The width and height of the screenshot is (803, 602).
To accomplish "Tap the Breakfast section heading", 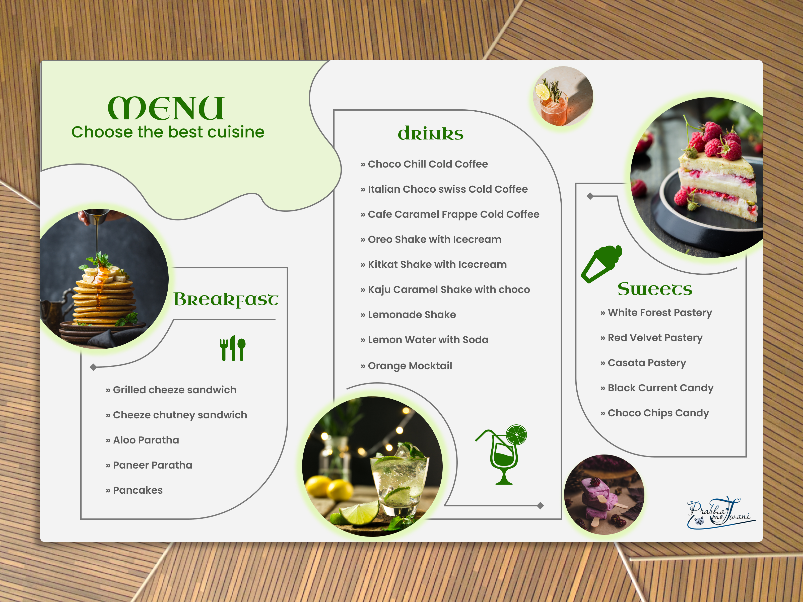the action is [x=226, y=299].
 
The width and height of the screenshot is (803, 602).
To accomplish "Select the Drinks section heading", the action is [x=431, y=133].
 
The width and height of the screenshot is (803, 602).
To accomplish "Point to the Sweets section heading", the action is [x=655, y=289].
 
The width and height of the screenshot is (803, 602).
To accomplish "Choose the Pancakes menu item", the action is [x=134, y=490].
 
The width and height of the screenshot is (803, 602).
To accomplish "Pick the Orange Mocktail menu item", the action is [x=406, y=366].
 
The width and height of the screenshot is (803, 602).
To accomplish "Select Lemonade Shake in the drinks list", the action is [x=408, y=315].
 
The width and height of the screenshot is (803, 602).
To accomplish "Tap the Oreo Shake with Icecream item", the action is [x=431, y=240].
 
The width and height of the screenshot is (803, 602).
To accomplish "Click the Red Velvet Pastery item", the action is [x=651, y=338].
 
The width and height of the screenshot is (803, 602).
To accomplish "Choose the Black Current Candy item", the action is [x=657, y=388].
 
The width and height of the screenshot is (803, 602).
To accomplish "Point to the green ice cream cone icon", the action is [x=601, y=264].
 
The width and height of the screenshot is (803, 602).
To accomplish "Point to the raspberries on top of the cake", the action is [x=713, y=140].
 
